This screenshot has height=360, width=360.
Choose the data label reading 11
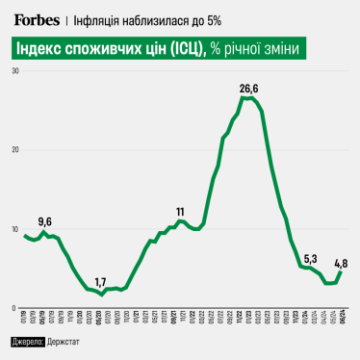click(180, 212)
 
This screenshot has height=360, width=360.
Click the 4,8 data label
click(341, 262)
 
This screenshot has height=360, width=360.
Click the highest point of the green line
click(248, 98)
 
